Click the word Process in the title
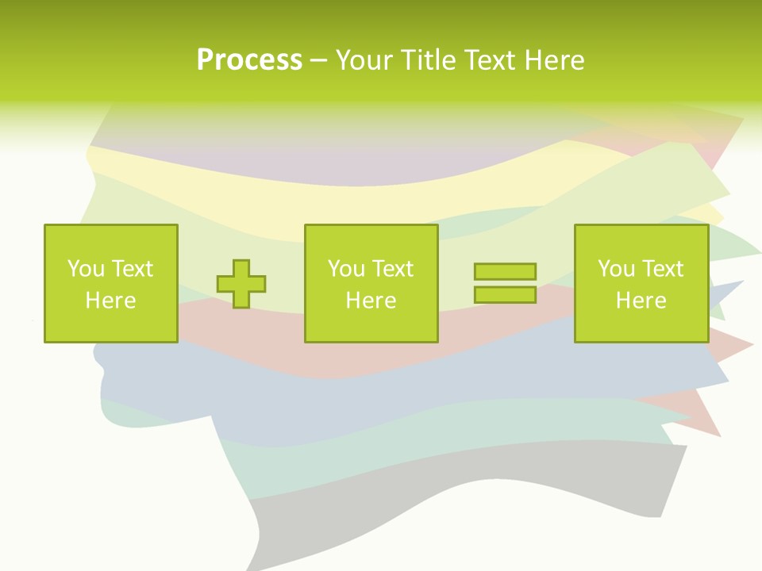(249, 60)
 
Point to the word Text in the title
(490, 60)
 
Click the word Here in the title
(555, 60)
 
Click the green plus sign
(241, 283)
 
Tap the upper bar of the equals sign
(505, 272)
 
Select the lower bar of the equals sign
(505, 294)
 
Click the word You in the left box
(85, 269)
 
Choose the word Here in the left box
(110, 301)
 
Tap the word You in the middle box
(346, 269)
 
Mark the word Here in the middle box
(371, 301)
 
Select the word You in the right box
(616, 269)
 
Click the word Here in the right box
(641, 301)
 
